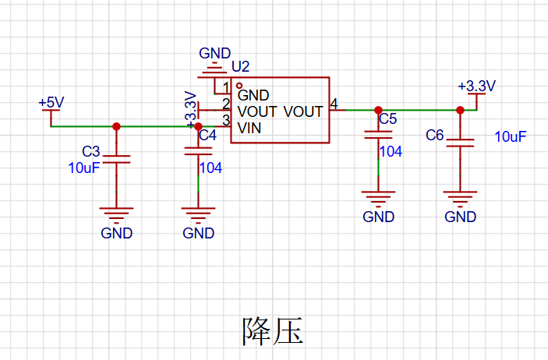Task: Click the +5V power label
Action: click(x=51, y=102)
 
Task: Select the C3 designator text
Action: click(x=91, y=151)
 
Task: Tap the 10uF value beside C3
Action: click(x=84, y=168)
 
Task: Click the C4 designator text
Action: click(x=207, y=135)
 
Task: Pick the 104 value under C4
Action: click(x=210, y=168)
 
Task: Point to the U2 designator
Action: click(x=240, y=66)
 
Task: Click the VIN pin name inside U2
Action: click(x=249, y=129)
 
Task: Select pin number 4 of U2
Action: click(x=334, y=104)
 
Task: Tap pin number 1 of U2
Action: click(x=226, y=87)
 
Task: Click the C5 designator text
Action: click(x=388, y=119)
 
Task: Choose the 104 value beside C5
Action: click(x=391, y=151)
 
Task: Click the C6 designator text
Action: click(x=435, y=136)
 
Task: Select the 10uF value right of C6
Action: click(x=511, y=136)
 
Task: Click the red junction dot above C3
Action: click(x=116, y=126)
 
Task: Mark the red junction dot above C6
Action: click(x=460, y=111)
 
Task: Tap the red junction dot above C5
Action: click(x=378, y=111)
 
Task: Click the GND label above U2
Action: click(x=215, y=54)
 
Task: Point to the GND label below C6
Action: click(x=460, y=217)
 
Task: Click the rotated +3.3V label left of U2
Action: click(x=191, y=109)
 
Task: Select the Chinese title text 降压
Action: click(x=273, y=331)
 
